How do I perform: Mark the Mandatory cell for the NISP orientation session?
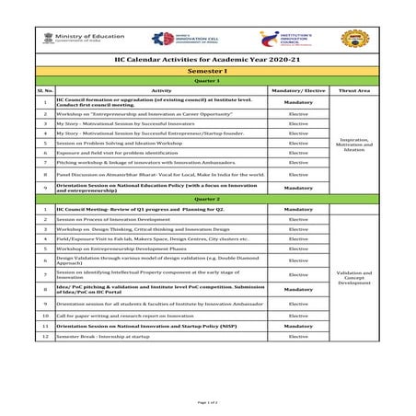pyautogui.click(x=298, y=326)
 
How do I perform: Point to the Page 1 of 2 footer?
pyautogui.click(x=207, y=402)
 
